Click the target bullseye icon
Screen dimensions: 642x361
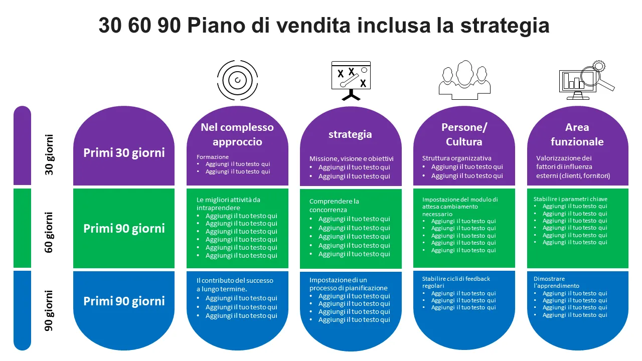pos(237,80)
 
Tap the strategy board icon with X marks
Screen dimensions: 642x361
pos(351,81)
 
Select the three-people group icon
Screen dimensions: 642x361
pos(464,80)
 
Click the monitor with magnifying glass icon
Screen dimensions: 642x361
pos(587,80)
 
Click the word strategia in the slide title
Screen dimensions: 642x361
pos(505,26)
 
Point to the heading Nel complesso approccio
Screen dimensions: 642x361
pos(237,134)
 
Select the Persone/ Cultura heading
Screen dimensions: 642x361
pos(464,134)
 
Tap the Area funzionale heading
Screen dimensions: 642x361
pos(577,134)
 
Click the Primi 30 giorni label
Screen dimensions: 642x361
pos(124,153)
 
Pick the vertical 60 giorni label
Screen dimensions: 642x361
pos(49,232)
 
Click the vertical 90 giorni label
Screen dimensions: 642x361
pos(49,311)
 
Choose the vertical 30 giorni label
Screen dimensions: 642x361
pos(49,155)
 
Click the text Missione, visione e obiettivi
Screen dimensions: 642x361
pos(352,159)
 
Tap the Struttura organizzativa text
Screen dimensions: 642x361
pos(456,158)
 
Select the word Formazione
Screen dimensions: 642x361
pos(213,157)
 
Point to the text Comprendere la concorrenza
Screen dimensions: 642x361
pos(334,206)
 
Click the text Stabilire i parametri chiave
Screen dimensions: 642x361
pos(570,199)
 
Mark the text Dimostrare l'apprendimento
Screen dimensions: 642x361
pos(556,282)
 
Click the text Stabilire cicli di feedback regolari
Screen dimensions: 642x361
pos(456,282)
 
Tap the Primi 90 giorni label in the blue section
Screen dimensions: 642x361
pos(124,301)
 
